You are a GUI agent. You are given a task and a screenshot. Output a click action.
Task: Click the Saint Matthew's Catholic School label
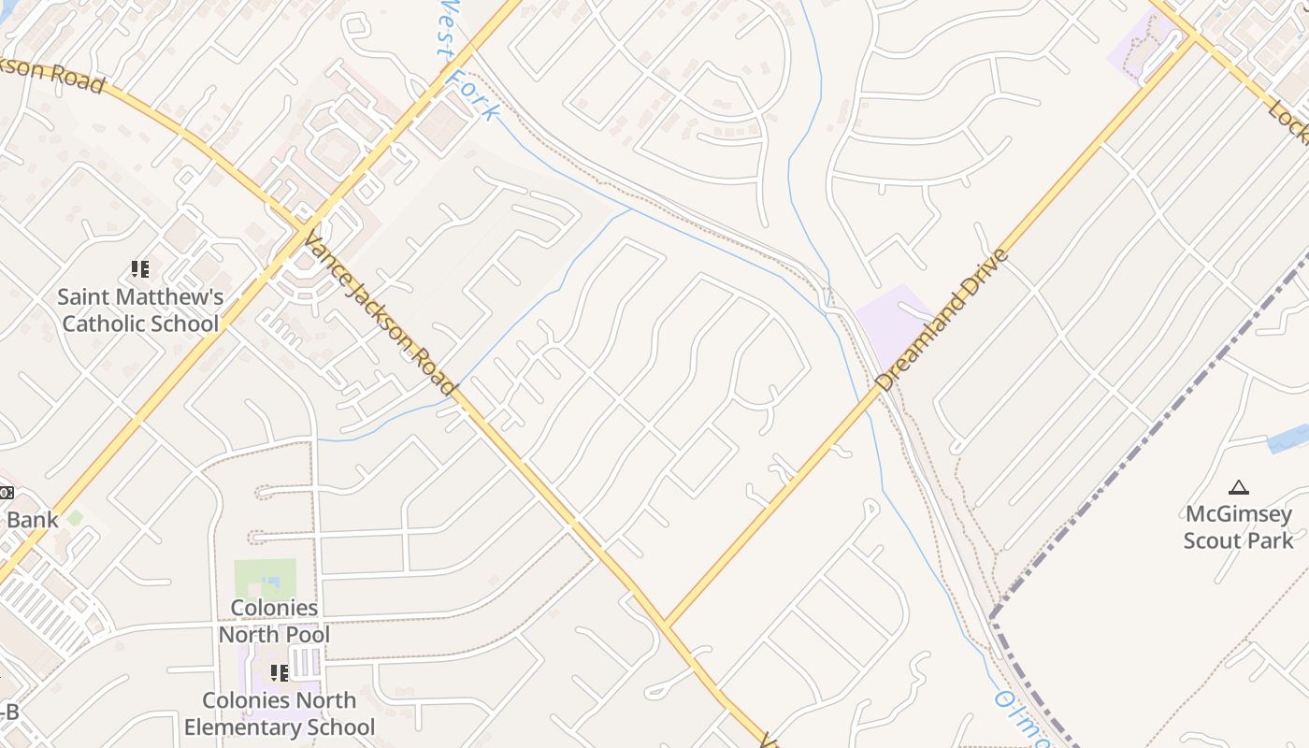tap(140, 310)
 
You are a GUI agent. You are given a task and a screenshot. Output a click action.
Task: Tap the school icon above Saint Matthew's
tap(140, 270)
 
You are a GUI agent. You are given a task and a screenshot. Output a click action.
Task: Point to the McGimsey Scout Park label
tap(1238, 527)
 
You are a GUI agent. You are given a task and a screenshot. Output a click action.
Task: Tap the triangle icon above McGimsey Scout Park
tap(1239, 487)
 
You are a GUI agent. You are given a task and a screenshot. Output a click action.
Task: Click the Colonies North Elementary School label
tap(279, 713)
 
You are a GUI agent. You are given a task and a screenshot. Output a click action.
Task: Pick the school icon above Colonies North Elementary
tap(279, 673)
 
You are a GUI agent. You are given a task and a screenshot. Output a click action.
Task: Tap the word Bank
tap(32, 520)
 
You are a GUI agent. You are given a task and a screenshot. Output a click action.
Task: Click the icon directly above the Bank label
tap(5, 493)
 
